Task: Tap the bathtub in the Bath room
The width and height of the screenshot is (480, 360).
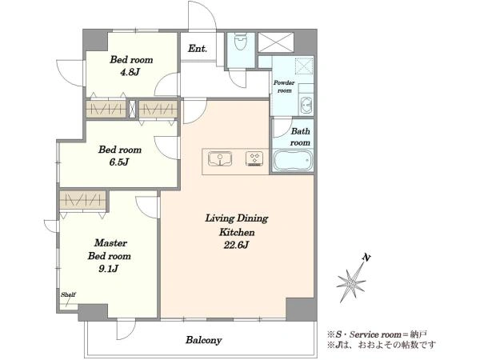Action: point(293,160)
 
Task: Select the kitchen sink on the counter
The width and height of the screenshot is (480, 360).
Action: point(220,159)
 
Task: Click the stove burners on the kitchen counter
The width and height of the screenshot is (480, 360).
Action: point(254,159)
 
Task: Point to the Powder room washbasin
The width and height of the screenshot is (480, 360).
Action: point(306,106)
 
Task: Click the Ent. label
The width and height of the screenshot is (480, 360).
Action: point(198,48)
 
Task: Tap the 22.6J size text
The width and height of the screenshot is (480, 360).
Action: point(235,246)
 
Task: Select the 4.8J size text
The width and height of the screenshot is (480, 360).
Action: point(131,72)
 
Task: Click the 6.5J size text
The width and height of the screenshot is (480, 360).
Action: point(119,162)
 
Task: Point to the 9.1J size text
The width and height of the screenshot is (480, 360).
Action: point(109,269)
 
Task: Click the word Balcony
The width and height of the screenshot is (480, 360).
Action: point(203,340)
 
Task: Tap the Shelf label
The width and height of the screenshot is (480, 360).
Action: point(68,294)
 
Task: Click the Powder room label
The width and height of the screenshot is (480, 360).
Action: point(284,86)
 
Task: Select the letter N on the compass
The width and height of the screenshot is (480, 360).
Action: point(366,258)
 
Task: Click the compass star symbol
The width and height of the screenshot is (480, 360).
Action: point(351,282)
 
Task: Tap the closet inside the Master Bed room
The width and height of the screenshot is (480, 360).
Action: point(82,200)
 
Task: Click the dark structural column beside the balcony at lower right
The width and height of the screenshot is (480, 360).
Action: point(302,309)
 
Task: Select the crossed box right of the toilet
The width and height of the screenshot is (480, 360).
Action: point(276,42)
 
